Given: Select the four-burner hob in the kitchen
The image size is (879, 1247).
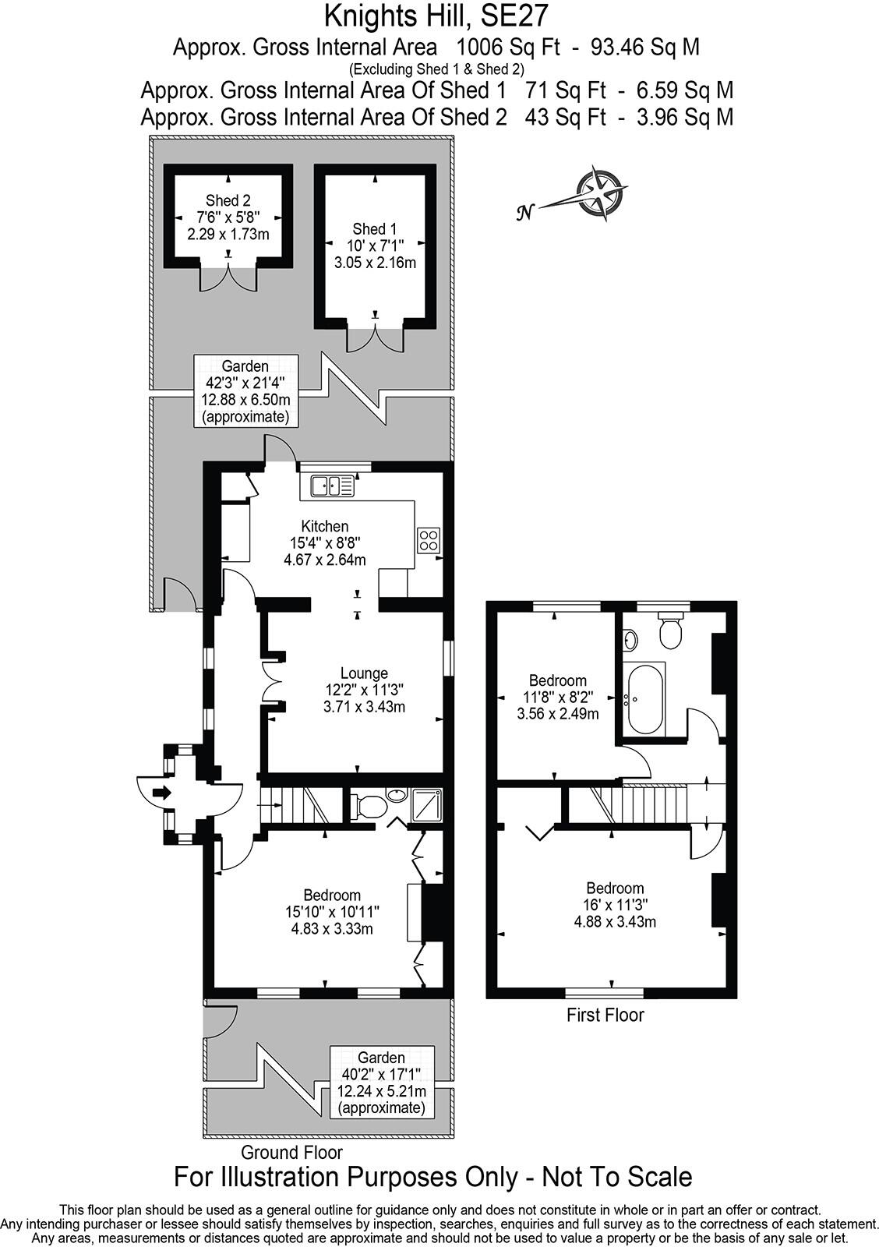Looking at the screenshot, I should point(429,539).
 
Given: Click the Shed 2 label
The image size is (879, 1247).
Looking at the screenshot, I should point(228,201).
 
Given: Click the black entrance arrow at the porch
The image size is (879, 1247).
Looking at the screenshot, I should point(162,793).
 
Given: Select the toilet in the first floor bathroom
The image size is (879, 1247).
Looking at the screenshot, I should point(670,630).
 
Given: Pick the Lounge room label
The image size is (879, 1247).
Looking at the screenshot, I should point(364,673).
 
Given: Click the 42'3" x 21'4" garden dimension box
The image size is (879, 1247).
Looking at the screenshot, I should point(245,391).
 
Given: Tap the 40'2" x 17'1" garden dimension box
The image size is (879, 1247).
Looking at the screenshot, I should point(381,1083).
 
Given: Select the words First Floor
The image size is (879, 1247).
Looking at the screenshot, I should point(605,1015).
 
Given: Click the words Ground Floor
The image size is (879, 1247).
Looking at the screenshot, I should point(291,1152).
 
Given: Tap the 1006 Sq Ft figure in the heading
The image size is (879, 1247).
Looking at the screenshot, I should point(508,48).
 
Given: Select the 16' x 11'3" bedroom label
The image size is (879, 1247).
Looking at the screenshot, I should point(615,905).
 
